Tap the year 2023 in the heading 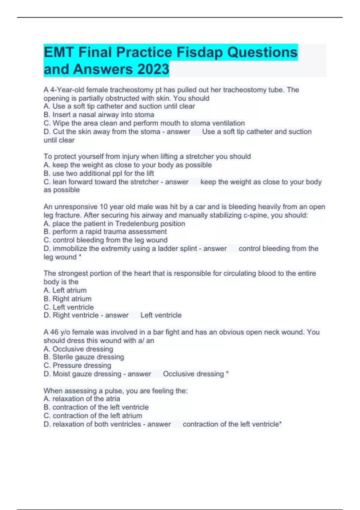tap(153, 69)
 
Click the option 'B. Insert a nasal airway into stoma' tap(99, 115)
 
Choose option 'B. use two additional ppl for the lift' tap(99, 173)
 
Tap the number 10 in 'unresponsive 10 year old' tap(103, 207)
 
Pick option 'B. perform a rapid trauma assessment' tap(105, 232)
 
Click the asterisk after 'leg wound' tap(80, 257)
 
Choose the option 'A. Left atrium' tap(65, 290)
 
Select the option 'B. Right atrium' tap(67, 299)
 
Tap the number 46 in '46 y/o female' tap(54, 332)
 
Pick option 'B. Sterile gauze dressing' tap(84, 357)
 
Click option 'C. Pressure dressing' tap(77, 365)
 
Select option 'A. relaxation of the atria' tap(82, 399)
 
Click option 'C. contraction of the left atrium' tap(93, 415)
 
